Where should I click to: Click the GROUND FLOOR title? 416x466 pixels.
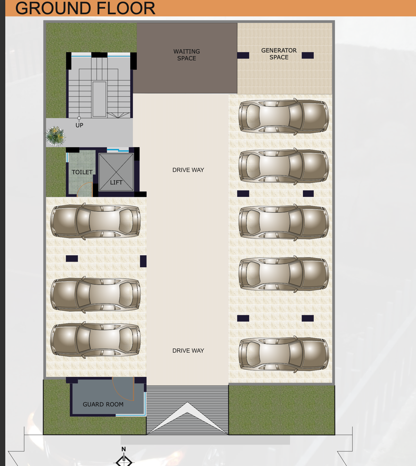(85, 8)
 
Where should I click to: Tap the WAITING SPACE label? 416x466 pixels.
(187, 55)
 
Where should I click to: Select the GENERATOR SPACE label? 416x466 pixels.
(279, 54)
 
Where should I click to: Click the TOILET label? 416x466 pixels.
(82, 172)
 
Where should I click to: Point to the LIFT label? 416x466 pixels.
(116, 182)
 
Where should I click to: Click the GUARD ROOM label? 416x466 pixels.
(103, 404)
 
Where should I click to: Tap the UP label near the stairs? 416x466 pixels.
(79, 125)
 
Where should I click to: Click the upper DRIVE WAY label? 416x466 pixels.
(188, 170)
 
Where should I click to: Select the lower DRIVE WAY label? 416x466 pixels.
(188, 351)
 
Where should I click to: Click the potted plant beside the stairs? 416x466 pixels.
(55, 136)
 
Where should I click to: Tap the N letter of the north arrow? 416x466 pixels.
(124, 449)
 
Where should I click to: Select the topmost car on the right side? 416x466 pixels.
(284, 116)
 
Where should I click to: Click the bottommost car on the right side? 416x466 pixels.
(284, 354)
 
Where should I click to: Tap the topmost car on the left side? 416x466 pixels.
(95, 221)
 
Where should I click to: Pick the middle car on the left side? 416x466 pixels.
(95, 294)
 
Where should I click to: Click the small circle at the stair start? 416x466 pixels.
(79, 118)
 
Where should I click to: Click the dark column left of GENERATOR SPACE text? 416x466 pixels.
(243, 55)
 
